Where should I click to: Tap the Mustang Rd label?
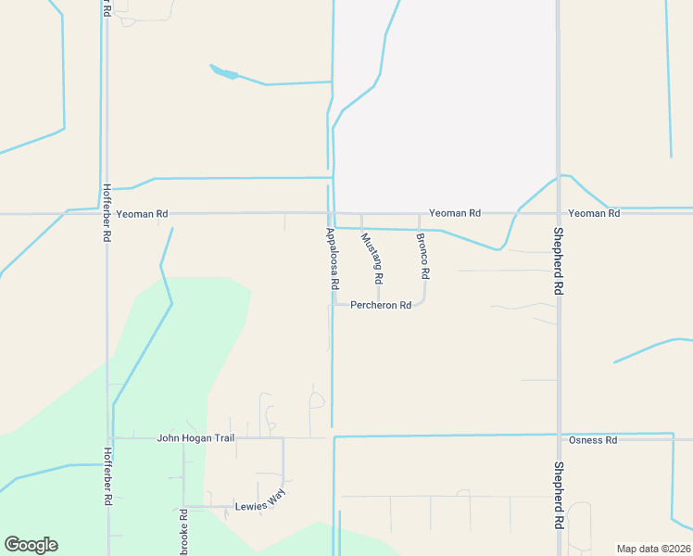[372, 258]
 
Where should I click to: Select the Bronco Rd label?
[423, 256]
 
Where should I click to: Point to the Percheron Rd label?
[380, 305]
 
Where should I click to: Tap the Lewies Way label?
[259, 502]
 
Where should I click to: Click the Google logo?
[31, 545]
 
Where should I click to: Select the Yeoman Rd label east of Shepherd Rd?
[593, 213]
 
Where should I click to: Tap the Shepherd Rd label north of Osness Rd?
[559, 261]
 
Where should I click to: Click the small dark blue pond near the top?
[223, 71]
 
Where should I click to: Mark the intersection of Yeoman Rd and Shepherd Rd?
[558, 213]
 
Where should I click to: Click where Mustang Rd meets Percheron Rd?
[377, 304]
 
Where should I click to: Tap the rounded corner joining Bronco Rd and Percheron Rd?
[422, 301]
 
